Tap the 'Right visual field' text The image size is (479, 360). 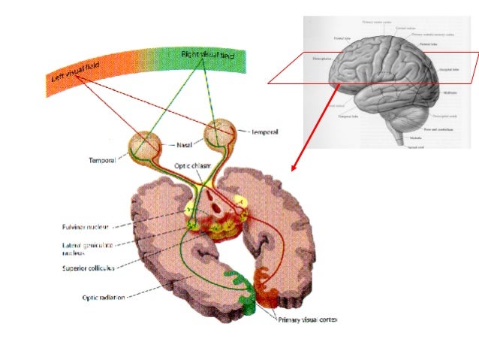(208, 56)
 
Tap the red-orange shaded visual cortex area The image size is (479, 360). (267, 289)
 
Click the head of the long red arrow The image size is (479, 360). (293, 169)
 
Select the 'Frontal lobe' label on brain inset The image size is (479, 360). (344, 37)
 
